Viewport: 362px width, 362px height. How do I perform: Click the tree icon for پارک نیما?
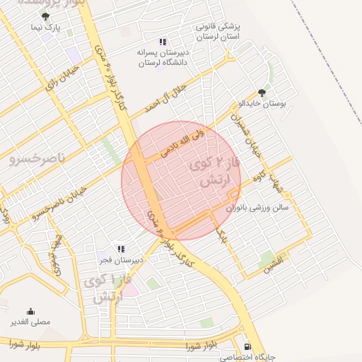coord(46,16)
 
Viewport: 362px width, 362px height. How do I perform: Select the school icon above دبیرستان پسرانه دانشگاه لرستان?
coord(163,42)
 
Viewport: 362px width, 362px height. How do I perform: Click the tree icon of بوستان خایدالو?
coord(262,93)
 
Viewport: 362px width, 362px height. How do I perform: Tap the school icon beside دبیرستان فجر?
coord(121,249)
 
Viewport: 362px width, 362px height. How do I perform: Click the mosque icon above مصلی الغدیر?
coord(30,310)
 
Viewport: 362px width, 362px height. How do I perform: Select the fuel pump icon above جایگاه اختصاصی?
coord(246,347)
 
